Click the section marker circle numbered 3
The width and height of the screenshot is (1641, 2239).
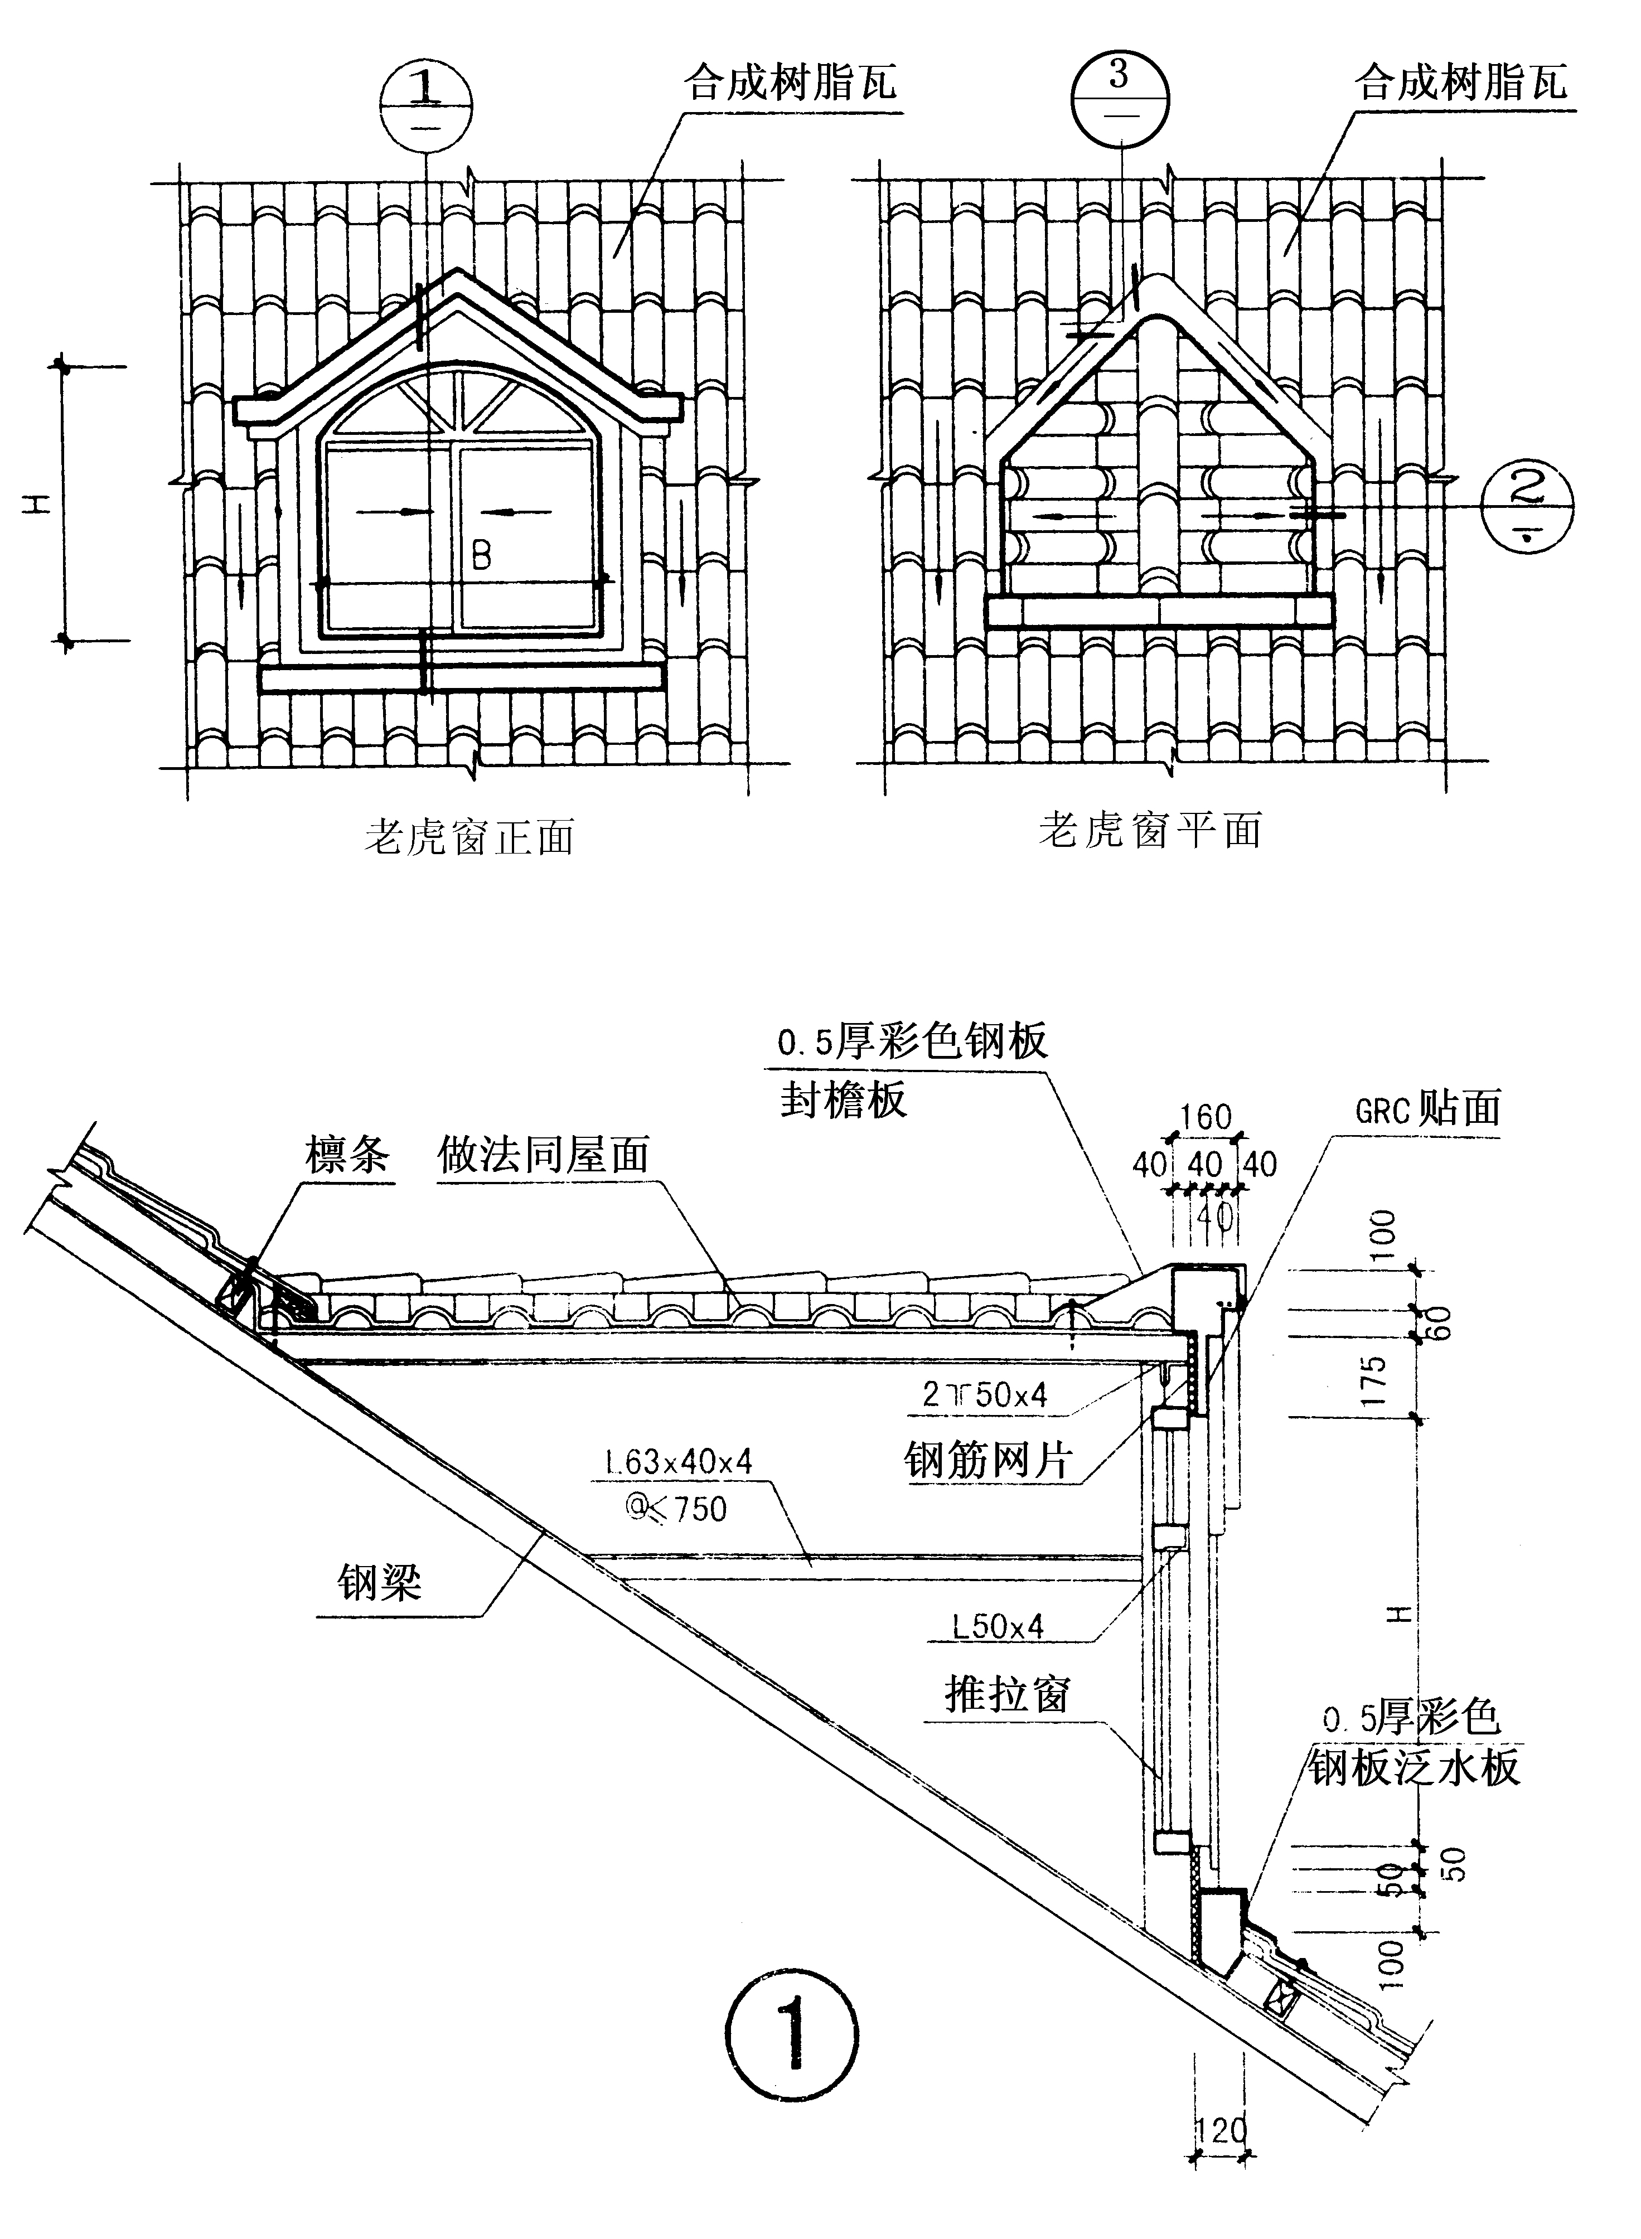click(x=1121, y=96)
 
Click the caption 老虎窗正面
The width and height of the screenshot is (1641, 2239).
click(x=469, y=837)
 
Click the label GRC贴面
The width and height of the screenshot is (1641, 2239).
click(x=1427, y=1108)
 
